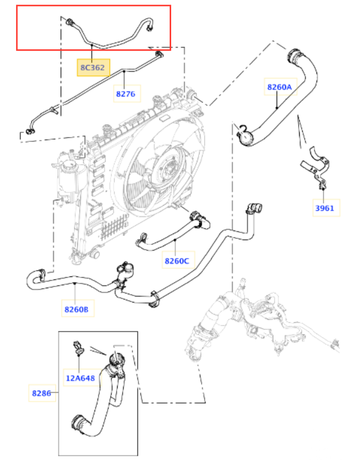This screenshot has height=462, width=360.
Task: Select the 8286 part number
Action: coord(42,393)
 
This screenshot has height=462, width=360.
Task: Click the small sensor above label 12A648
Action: coord(79,348)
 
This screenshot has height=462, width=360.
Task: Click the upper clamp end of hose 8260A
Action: coord(294,56)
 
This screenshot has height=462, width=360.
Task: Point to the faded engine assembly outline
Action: coord(262,319)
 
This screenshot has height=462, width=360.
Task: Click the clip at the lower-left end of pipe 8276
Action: coord(30,132)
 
